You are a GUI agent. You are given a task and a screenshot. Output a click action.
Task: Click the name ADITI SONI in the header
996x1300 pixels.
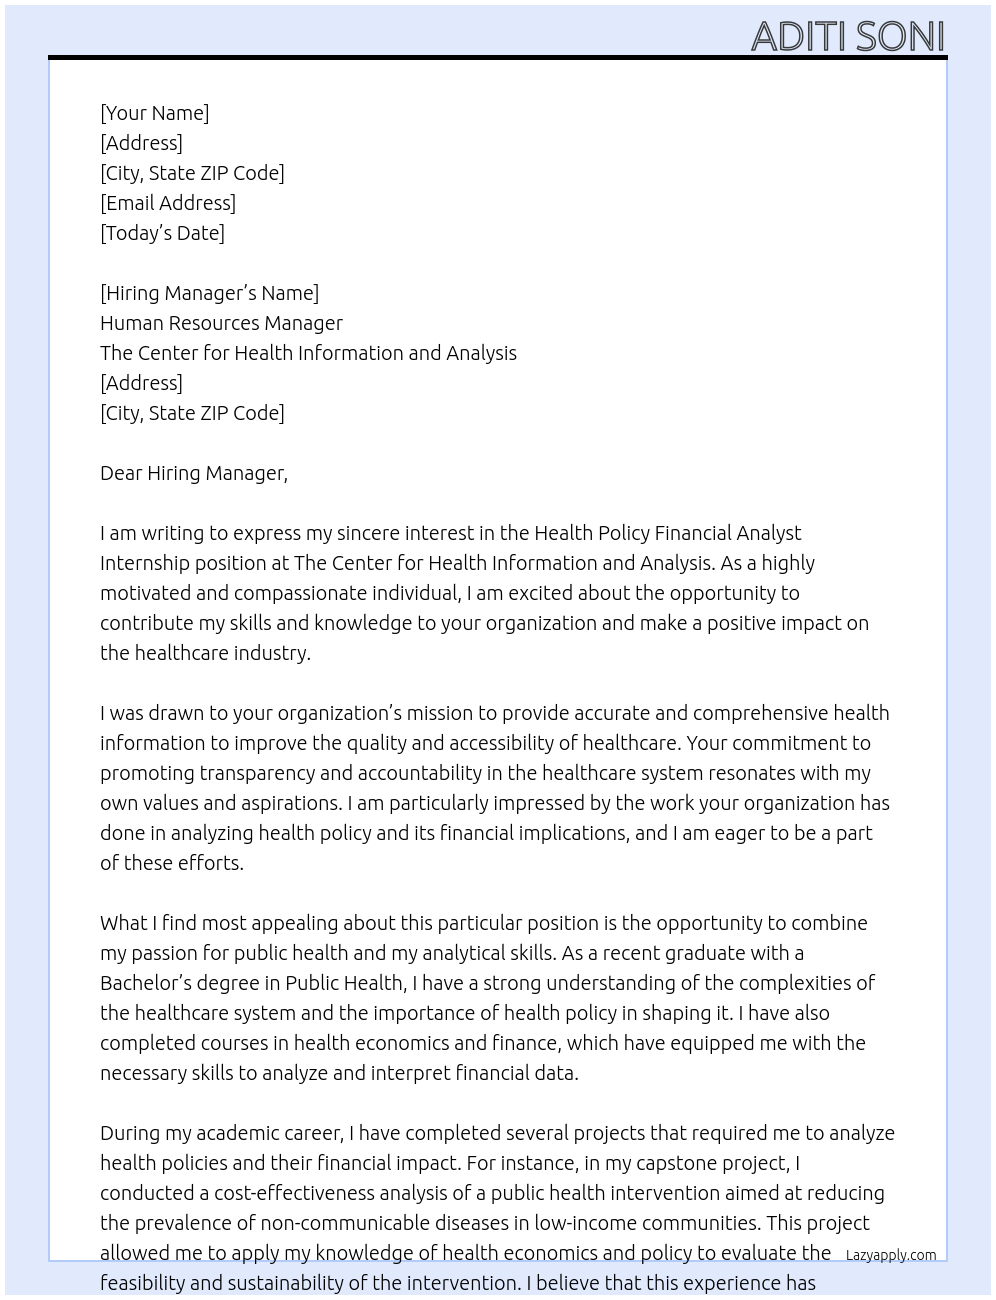[x=847, y=36]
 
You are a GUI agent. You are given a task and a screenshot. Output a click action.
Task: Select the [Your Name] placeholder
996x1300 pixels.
[x=154, y=113]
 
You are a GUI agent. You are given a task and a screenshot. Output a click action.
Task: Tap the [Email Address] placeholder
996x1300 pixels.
[x=168, y=203]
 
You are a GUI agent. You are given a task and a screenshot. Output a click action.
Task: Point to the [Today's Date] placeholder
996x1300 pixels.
[x=162, y=233]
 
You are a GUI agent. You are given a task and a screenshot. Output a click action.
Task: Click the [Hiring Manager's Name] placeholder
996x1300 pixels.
[x=209, y=293]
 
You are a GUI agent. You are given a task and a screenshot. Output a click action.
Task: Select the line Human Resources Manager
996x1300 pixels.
[x=221, y=323]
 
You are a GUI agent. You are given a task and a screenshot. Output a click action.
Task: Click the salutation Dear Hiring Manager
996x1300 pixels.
[x=193, y=473]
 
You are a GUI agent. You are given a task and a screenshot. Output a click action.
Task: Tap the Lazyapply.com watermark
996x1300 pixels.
[x=891, y=1255]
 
